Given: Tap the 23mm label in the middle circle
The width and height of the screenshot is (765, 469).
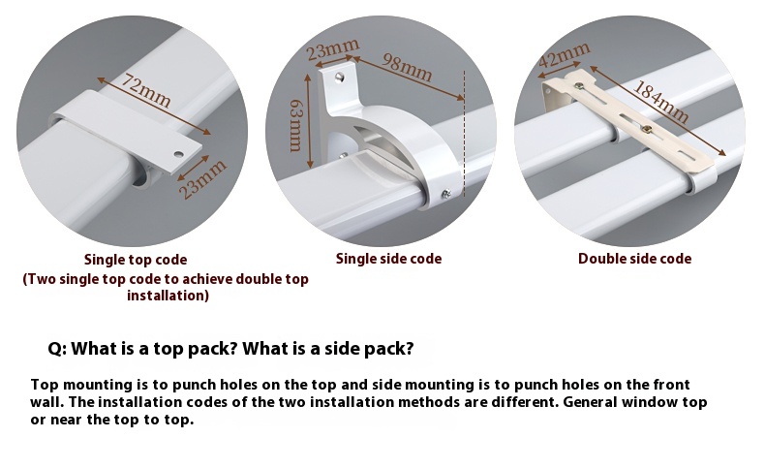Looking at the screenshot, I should tap(333, 47).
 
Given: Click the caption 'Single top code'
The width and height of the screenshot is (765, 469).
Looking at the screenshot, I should tap(136, 260).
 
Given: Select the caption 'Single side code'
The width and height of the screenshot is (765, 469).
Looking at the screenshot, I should tap(388, 259).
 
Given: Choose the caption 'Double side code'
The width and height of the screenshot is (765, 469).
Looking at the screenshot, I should tap(634, 259).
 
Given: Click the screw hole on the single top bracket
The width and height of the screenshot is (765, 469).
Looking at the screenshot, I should tap(178, 153).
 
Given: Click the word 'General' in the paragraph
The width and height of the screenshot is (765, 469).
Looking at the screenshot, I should tap(594, 402).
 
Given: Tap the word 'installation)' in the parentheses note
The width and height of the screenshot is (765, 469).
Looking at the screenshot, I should tap(168, 296).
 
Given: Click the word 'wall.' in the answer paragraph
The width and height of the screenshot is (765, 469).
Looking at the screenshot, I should tap(48, 402).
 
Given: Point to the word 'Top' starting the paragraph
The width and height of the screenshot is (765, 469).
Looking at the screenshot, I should tap(45, 385).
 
